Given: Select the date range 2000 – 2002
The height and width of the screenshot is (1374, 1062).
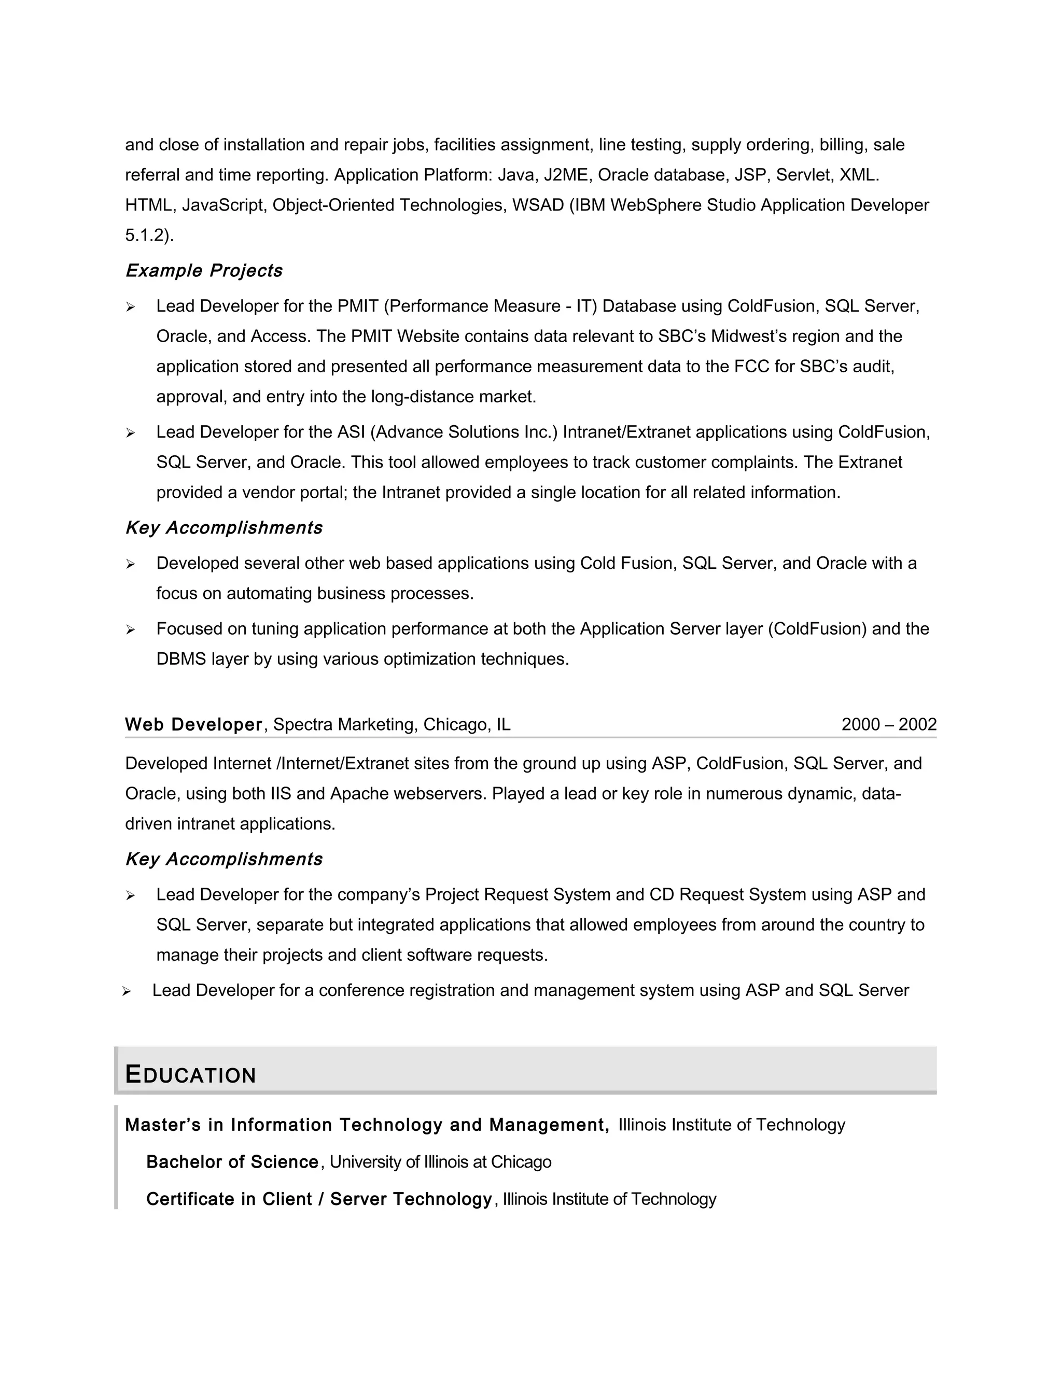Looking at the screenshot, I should (888, 725).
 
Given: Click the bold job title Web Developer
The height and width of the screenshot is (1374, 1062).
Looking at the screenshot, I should (193, 725).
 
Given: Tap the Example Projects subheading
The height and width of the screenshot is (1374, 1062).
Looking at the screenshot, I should (204, 271).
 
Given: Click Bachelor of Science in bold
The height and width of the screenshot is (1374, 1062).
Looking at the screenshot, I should (232, 1162).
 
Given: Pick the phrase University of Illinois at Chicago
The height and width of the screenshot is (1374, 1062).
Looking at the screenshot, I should (440, 1162).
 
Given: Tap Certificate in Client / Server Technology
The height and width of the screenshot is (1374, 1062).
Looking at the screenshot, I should (319, 1199).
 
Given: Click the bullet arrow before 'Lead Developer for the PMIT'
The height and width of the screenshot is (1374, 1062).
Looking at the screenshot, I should (130, 307).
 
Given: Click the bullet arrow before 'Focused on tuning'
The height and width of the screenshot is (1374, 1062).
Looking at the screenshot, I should (130, 630).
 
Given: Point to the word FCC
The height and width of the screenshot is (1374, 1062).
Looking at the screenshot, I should (752, 367).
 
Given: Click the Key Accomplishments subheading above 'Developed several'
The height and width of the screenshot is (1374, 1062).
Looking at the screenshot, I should (224, 528).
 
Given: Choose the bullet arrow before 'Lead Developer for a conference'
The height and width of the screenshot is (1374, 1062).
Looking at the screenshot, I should (127, 991).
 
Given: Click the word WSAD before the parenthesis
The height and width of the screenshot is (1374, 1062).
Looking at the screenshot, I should (538, 205).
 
